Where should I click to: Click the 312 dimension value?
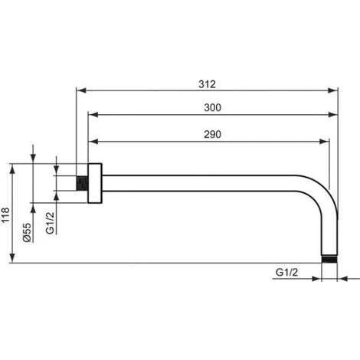click(207, 84)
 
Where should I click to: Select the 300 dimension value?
click(212, 108)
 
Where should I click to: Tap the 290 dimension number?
click(212, 135)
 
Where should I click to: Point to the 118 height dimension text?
click(5, 216)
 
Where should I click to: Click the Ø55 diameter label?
click(27, 232)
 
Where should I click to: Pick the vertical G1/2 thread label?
click(50, 223)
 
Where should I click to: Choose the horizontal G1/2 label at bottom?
click(286, 273)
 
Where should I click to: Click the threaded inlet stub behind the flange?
click(82, 183)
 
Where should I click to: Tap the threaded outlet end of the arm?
click(329, 259)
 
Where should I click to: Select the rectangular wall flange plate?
click(95, 183)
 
